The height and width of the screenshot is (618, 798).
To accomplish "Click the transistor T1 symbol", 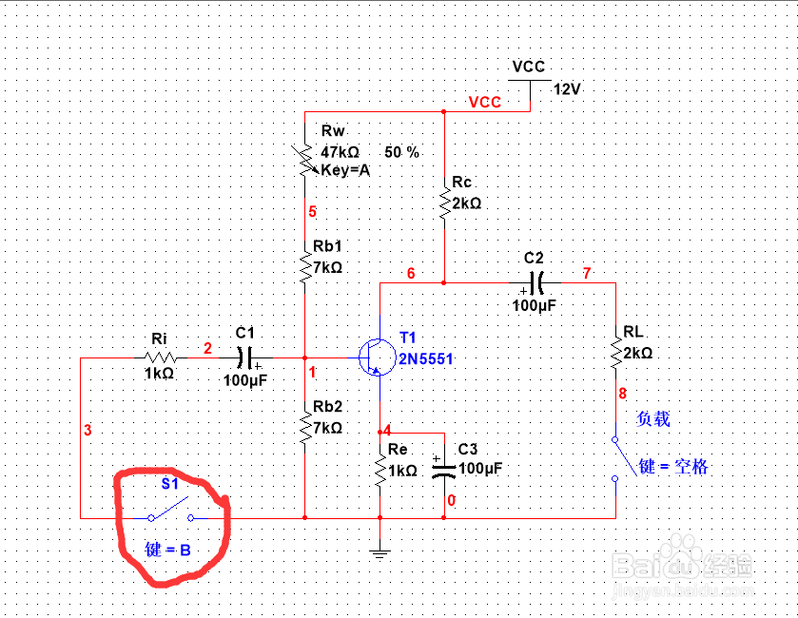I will point(376,357).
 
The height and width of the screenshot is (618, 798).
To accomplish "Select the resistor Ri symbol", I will point(159,358).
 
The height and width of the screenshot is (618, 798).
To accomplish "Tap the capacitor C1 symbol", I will point(245,358).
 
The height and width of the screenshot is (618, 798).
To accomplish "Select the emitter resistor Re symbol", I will point(380,470).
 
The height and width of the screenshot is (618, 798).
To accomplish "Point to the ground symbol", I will point(380,551).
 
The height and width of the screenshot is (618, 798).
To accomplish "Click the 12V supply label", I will point(566,89).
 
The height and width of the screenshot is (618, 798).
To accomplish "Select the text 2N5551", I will point(427,358).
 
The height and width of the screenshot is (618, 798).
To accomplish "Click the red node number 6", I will point(411,274).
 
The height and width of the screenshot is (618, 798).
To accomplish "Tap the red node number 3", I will point(88,431).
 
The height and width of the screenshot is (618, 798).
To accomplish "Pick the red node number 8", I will point(623,392).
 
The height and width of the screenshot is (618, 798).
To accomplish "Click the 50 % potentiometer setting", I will point(401,152).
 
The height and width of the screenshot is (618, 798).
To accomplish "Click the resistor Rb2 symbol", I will point(305,428).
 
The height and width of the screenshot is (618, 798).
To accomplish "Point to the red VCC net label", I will point(485,103).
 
